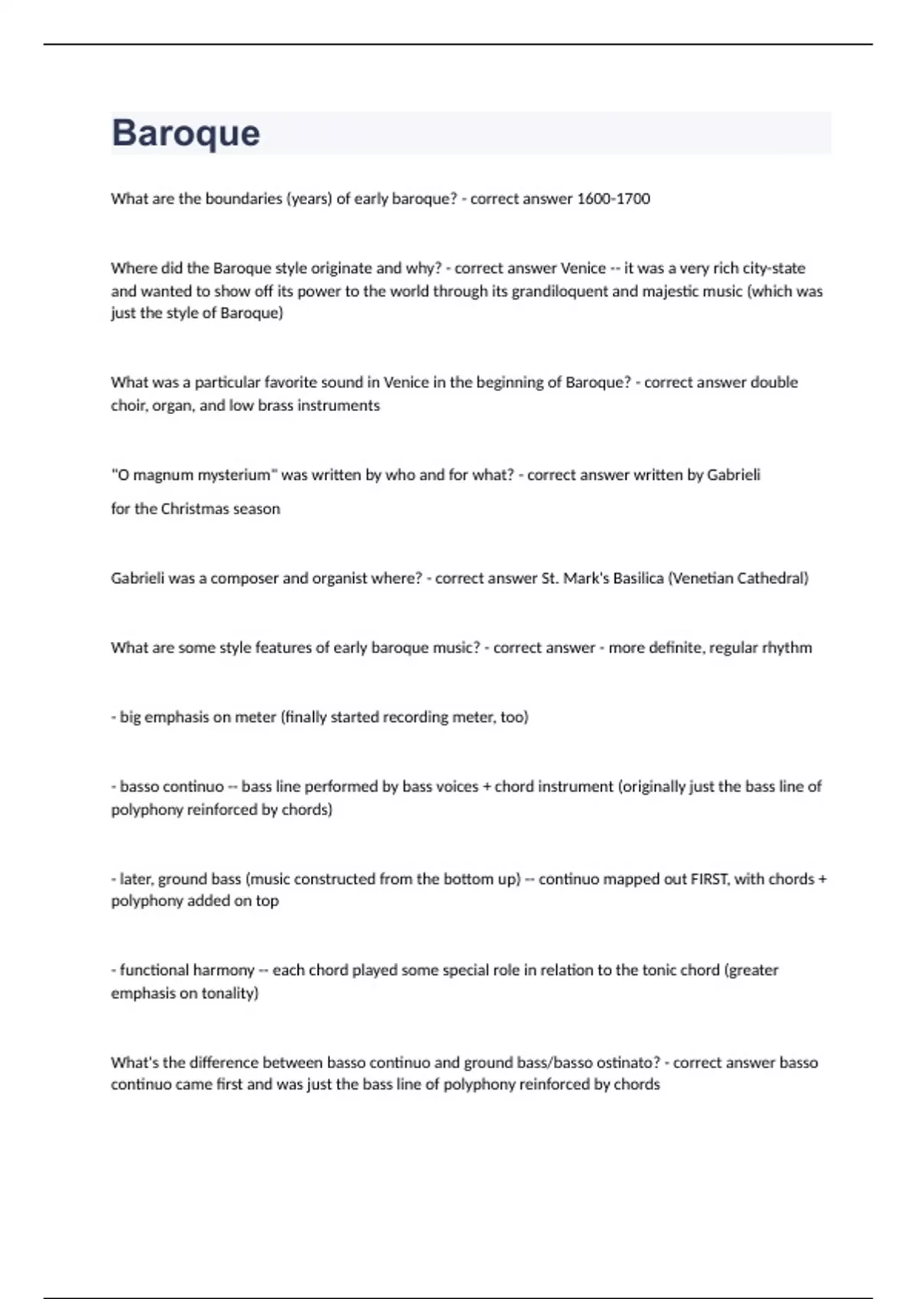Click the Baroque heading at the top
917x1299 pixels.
point(186,133)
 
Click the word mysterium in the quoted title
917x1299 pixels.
point(235,475)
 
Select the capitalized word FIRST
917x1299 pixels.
point(708,879)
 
